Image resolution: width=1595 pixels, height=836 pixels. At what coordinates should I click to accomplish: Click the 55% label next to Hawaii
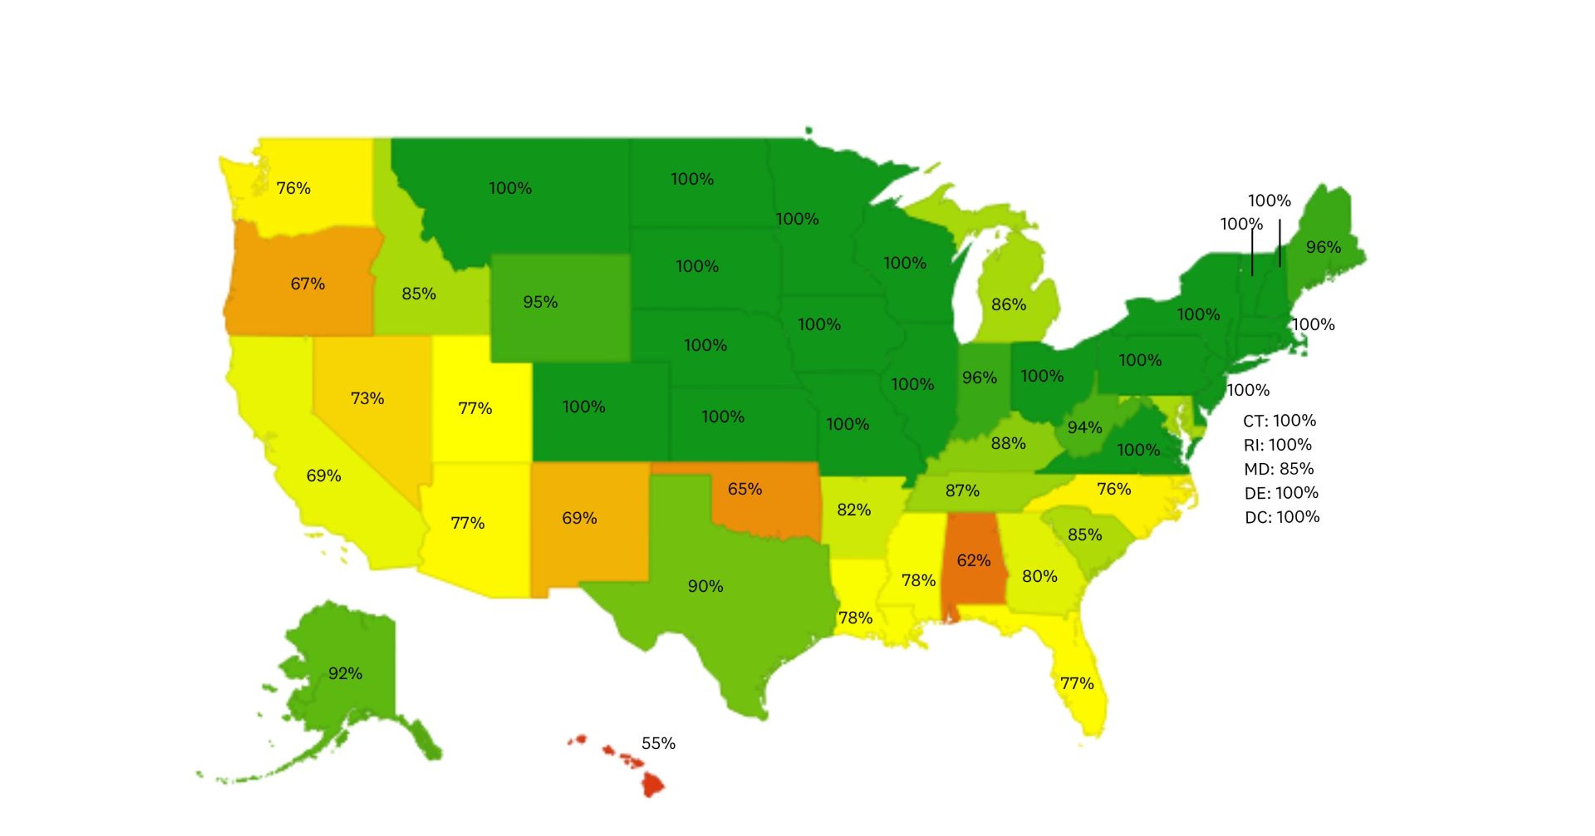pyautogui.click(x=658, y=743)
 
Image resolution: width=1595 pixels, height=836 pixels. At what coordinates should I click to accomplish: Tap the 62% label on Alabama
pyautogui.click(x=973, y=561)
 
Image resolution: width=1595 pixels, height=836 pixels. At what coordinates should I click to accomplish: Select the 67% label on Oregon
pyautogui.click(x=308, y=284)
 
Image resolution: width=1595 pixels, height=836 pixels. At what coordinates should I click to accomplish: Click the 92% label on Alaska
pyautogui.click(x=345, y=673)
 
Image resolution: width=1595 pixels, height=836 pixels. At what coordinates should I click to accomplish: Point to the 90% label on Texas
pyautogui.click(x=705, y=586)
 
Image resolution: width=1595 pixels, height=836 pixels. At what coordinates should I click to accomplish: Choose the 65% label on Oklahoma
pyautogui.click(x=744, y=489)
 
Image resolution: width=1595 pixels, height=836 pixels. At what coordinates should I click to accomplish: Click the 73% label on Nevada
pyautogui.click(x=367, y=398)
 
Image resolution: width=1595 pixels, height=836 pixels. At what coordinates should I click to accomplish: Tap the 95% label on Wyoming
pyautogui.click(x=540, y=302)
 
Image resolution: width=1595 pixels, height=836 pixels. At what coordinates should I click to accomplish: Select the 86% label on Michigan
pyautogui.click(x=1009, y=305)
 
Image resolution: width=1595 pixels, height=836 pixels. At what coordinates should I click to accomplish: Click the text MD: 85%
pyautogui.click(x=1278, y=469)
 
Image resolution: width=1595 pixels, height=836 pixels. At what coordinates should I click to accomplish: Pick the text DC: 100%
pyautogui.click(x=1282, y=517)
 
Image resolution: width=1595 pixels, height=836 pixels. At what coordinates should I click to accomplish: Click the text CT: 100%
pyautogui.click(x=1279, y=420)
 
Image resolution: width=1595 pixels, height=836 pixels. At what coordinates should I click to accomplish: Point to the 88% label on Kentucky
pyautogui.click(x=1008, y=443)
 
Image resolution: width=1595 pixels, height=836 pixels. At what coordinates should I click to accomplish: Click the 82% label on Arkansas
pyautogui.click(x=854, y=510)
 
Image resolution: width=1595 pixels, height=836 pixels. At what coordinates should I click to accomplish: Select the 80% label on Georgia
pyautogui.click(x=1040, y=577)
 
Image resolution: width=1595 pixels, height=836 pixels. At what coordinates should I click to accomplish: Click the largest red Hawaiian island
pyautogui.click(x=652, y=784)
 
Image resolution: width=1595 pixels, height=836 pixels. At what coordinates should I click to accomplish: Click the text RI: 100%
pyautogui.click(x=1277, y=445)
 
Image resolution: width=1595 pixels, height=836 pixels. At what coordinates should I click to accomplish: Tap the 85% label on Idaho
pyautogui.click(x=419, y=293)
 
